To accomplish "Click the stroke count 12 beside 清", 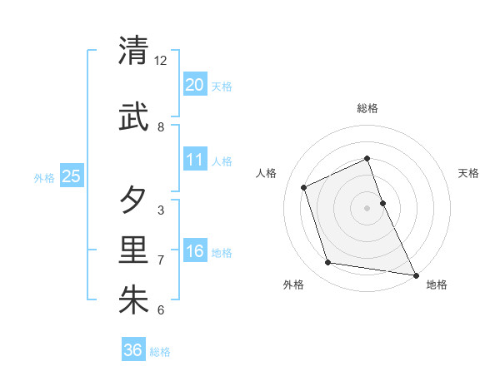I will point(161,61).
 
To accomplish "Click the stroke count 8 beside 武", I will point(161,127).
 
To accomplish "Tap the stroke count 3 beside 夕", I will point(161,210).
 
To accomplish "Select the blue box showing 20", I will point(194,85).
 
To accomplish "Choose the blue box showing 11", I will point(194,160).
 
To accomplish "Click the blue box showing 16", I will point(194,251).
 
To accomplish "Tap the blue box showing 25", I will point(71,176).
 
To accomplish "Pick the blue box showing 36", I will point(133,350).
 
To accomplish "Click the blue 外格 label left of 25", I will point(44,177).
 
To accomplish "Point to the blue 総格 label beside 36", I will point(160,352).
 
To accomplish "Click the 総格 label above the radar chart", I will point(367,109).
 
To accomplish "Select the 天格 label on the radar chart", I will point(468,173).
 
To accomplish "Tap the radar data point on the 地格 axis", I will point(415,275).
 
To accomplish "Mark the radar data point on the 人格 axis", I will point(304,187).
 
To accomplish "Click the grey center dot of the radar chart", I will point(367,207).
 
